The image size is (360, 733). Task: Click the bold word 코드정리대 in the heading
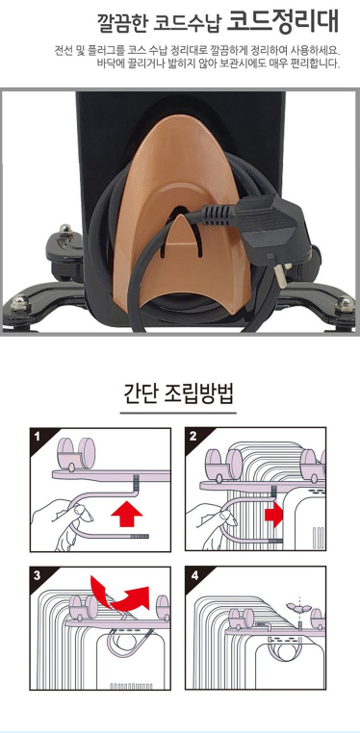click(282, 21)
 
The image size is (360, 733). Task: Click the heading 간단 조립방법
click(178, 394)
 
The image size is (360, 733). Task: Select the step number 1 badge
click(38, 437)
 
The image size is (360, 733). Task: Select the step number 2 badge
click(194, 437)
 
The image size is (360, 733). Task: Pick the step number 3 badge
click(38, 575)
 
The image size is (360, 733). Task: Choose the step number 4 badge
click(194, 575)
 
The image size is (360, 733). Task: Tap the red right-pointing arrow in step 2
click(273, 515)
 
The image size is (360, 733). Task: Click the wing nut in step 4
click(297, 607)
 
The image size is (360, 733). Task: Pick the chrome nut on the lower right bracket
click(344, 305)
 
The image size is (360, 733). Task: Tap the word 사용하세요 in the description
click(315, 50)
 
